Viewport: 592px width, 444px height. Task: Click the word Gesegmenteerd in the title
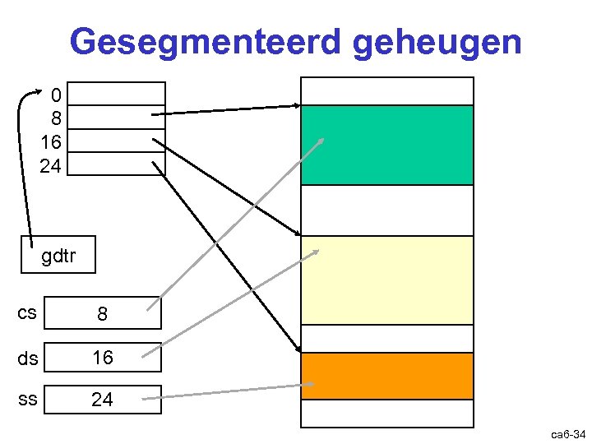coord(206,41)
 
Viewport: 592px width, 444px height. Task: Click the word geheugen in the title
coord(437,43)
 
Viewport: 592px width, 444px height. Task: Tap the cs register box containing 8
coord(102,314)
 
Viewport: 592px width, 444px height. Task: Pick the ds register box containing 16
coord(102,358)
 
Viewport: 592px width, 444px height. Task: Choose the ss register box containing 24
coord(102,400)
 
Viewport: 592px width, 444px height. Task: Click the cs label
coord(26,313)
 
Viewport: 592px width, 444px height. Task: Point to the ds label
coord(26,358)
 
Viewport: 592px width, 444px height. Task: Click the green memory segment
coord(387,145)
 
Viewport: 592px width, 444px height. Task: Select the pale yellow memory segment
coord(387,280)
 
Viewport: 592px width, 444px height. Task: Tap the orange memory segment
coord(387,376)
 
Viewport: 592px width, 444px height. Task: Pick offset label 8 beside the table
coord(55,117)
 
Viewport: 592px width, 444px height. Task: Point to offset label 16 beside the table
coord(50,141)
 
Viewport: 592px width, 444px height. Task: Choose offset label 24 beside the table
coord(50,164)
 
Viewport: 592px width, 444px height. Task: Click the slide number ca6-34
coord(568,433)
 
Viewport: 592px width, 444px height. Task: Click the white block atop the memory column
coord(387,91)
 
